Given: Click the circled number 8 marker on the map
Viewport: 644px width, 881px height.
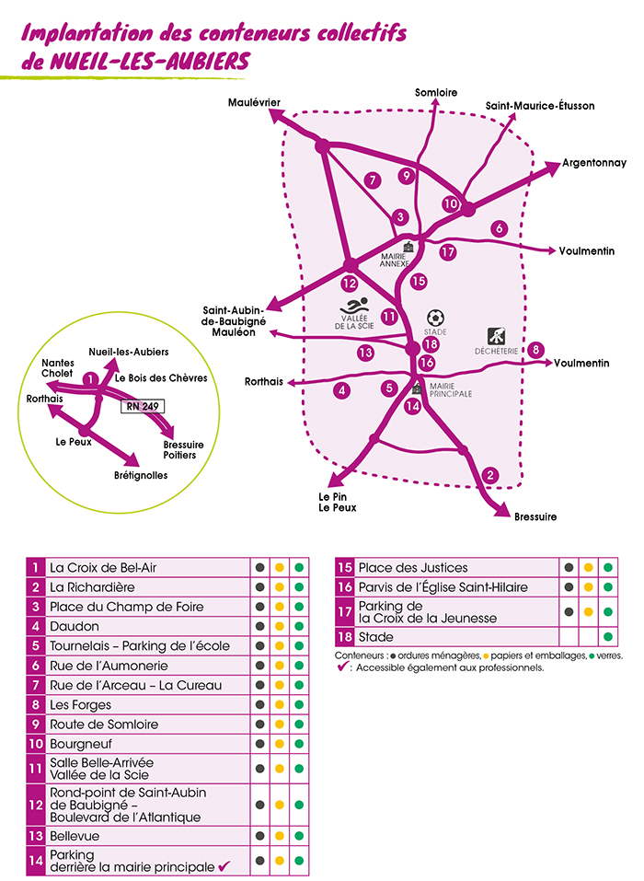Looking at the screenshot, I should (x=536, y=349).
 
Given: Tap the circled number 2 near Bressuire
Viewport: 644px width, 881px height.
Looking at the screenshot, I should (x=490, y=475).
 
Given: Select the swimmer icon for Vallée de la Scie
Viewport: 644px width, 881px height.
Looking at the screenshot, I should (x=354, y=306).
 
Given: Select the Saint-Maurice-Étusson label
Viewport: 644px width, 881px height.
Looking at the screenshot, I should (x=540, y=106).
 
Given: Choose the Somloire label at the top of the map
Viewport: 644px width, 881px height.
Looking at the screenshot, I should (x=436, y=92).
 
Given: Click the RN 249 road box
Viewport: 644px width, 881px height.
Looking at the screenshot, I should (x=142, y=403).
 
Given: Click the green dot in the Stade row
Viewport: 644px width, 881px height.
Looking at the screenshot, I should (x=607, y=637).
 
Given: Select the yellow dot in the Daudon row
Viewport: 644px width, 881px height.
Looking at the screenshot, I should (x=280, y=626).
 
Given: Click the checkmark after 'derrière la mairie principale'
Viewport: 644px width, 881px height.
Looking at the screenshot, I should (x=222, y=866).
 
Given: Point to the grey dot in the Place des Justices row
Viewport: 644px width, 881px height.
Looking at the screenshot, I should (x=569, y=568).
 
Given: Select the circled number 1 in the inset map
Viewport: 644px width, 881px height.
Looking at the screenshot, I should (x=90, y=378).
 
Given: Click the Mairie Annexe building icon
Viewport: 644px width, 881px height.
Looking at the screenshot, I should (x=408, y=247).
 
